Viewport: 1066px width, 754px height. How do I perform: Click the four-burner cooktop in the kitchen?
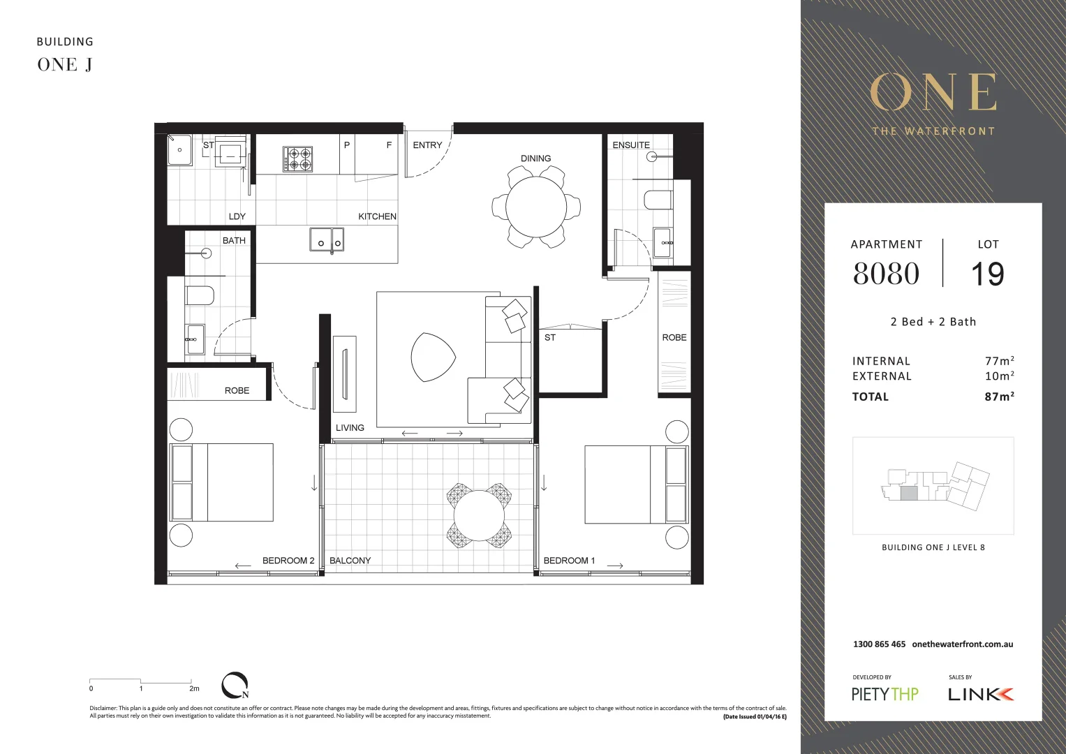point(297,159)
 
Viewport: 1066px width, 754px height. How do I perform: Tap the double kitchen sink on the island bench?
point(327,239)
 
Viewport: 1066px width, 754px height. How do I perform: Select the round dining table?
point(535,207)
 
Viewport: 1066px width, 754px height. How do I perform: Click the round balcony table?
point(479,516)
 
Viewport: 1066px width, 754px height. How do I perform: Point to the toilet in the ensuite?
point(658,200)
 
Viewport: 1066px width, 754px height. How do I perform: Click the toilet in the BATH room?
point(200,296)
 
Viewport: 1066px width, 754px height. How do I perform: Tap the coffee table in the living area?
point(432,357)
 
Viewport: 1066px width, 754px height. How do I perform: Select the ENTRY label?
point(427,145)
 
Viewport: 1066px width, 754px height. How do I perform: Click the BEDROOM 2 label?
point(288,561)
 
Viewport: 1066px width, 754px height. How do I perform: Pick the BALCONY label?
point(350,561)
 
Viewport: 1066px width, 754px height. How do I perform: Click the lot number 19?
point(987,274)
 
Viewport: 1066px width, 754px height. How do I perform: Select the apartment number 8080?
point(886,274)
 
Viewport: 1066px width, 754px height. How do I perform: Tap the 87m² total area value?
point(999,397)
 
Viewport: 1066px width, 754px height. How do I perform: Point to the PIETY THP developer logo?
point(884,694)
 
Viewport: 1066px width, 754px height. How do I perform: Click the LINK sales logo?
point(980,694)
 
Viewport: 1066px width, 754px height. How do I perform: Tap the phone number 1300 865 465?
point(879,644)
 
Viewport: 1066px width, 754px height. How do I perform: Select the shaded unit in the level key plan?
point(908,494)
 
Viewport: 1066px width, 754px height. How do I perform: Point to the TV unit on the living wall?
point(344,374)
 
